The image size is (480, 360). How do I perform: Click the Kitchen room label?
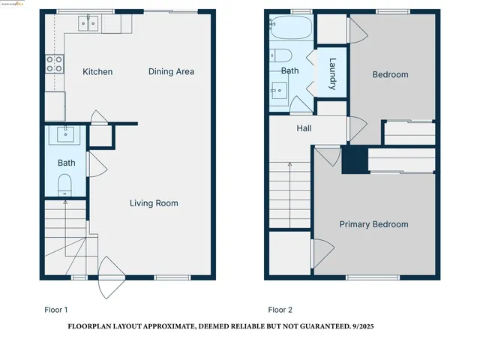[x=97, y=72]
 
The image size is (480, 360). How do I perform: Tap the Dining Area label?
[x=171, y=72]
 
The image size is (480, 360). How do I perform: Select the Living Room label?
[x=154, y=203]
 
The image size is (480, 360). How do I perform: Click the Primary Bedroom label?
[x=373, y=224]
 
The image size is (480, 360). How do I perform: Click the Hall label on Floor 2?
[x=304, y=129]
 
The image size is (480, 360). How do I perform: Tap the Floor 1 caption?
[x=55, y=309]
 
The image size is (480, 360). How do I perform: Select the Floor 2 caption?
[x=280, y=309]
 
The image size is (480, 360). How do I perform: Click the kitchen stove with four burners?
[x=54, y=64]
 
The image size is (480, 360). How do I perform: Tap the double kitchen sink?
[x=88, y=25]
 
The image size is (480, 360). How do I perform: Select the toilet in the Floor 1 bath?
[x=64, y=184]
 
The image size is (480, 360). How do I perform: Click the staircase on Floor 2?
[x=289, y=194]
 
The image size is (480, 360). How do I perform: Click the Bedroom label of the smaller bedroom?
[x=390, y=74]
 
